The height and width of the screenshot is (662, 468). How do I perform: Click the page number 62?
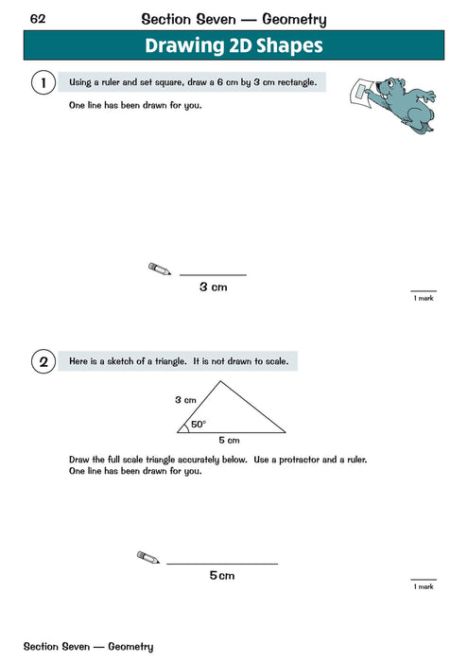[x=39, y=18]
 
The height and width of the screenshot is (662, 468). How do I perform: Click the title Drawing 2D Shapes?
[x=233, y=45]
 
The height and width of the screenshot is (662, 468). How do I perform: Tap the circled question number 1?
[x=43, y=83]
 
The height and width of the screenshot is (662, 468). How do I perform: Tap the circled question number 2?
[x=43, y=361]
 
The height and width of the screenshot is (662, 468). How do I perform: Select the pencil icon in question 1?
[x=160, y=270]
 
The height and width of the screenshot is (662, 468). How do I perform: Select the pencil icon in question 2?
[x=148, y=558]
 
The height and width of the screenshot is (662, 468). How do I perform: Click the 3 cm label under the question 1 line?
[x=213, y=287]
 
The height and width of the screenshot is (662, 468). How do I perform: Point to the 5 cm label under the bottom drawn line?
[x=222, y=575]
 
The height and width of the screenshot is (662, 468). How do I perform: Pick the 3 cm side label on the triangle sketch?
[x=184, y=400]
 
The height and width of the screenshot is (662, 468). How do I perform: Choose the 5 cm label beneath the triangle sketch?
[x=229, y=441]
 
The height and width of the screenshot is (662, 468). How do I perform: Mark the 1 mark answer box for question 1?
[x=423, y=294]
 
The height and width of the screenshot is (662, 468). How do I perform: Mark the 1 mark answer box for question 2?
[x=423, y=583]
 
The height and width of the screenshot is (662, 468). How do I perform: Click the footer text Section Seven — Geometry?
[x=88, y=647]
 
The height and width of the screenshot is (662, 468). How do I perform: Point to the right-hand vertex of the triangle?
[x=285, y=432]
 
